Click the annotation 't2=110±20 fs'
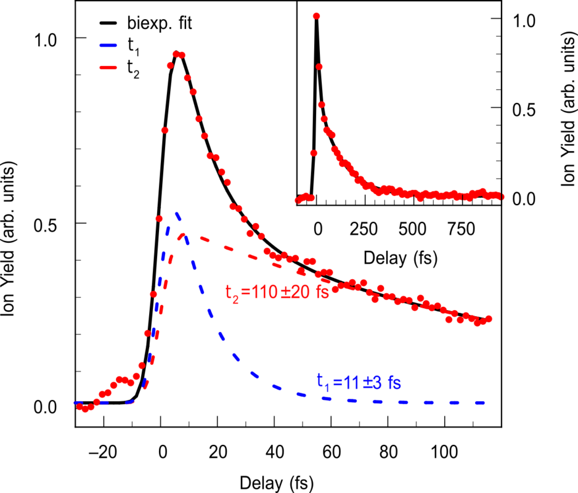pyautogui.click(x=277, y=291)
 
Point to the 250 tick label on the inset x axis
pyautogui.click(x=364, y=226)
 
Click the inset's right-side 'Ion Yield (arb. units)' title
pyautogui.click(x=566, y=108)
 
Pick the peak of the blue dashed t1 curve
pyautogui.click(x=177, y=214)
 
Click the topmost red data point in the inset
pyautogui.click(x=316, y=17)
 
